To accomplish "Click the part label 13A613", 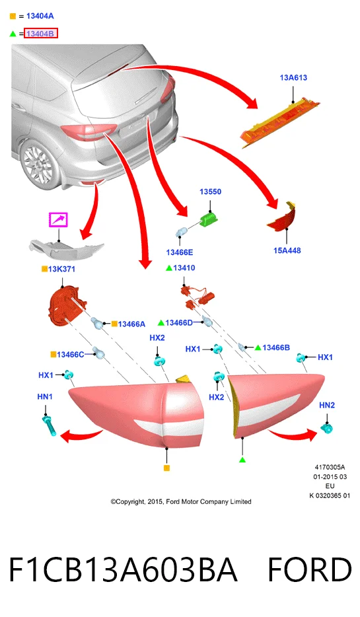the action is click(293, 77).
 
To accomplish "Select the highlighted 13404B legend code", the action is click(40, 34).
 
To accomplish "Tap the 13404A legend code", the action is click(40, 16).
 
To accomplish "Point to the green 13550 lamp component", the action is click(209, 219).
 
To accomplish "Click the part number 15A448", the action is click(287, 250).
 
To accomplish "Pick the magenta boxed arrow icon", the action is click(58, 219).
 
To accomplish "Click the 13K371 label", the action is click(61, 269).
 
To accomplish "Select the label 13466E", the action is click(180, 252).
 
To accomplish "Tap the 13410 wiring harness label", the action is click(184, 268).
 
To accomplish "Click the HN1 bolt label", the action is click(45, 396).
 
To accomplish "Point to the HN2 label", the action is click(327, 405).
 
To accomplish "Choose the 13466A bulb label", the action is click(131, 324).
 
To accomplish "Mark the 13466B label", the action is click(276, 347).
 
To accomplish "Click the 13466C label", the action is click(71, 355).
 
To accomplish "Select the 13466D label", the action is click(179, 322).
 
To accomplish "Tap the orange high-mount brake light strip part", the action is click(279, 122).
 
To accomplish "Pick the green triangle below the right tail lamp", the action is click(242, 459).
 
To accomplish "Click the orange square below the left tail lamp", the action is click(167, 468).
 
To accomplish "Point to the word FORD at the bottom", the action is click(310, 570).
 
